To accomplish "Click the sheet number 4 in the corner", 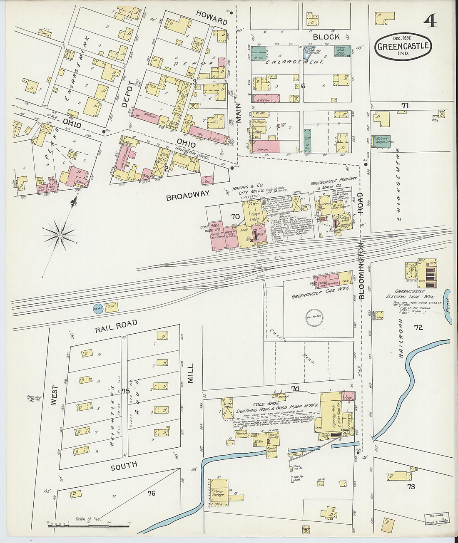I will [431, 20].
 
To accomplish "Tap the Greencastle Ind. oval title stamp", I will [403, 46].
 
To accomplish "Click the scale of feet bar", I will [88, 526].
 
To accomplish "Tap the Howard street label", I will [212, 18].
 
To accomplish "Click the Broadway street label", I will [188, 196].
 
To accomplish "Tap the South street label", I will [124, 466].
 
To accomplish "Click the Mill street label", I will [191, 373].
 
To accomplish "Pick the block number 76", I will [151, 493].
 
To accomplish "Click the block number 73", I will [411, 486].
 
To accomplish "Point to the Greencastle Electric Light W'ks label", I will [414, 294].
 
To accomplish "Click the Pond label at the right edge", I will [448, 305].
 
